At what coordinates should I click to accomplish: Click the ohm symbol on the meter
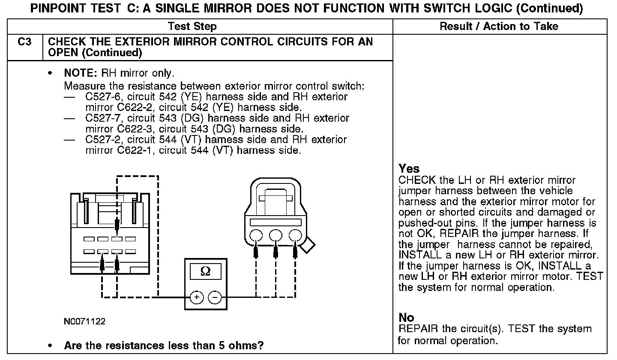pos(206,272)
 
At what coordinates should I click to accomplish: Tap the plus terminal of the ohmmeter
pos(196,297)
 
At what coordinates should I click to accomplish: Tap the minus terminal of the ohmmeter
pos(215,297)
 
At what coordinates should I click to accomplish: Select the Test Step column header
pos(192,27)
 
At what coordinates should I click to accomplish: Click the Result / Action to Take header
pos(499,27)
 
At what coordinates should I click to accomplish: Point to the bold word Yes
pos(409,168)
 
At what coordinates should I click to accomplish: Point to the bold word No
pos(406,318)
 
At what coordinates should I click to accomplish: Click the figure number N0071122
pos(84,321)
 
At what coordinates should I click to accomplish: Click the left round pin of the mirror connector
pos(256,235)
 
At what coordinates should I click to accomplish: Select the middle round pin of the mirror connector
pos(276,235)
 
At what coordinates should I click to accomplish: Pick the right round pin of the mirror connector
pos(295,235)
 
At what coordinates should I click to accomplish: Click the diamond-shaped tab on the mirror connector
pos(308,246)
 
